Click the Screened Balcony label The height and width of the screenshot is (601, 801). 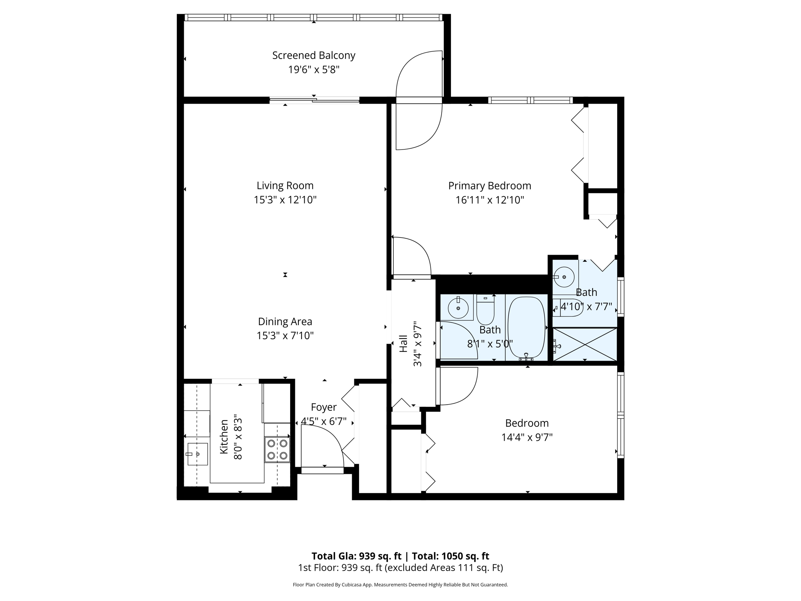pos(314,56)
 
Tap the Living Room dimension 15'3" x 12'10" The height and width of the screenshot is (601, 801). pos(285,200)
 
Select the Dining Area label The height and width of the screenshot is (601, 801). pos(285,322)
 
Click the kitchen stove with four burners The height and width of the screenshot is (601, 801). pos(277,450)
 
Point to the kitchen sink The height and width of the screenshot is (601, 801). pos(197,454)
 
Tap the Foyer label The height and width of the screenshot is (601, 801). pos(323,407)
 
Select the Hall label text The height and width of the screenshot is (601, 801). pos(403,344)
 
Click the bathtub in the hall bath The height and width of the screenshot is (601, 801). pos(526,327)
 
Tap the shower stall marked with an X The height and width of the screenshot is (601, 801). pos(585,344)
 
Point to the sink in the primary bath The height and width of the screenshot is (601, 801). pos(564,277)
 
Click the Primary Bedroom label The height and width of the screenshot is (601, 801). pos(489,185)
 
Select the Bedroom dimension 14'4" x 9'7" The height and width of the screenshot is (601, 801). pos(526,437)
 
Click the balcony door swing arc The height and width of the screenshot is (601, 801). pos(418,74)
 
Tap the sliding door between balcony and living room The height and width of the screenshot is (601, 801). pos(314,101)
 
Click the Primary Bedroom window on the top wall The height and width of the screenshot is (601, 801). pos(530,100)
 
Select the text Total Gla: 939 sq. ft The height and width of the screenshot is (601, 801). pos(356,556)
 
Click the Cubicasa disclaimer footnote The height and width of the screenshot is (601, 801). pos(400,585)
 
